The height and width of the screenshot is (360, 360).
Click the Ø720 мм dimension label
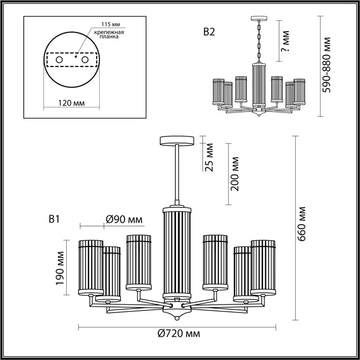click(179, 333)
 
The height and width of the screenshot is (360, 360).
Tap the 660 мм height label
click(303, 224)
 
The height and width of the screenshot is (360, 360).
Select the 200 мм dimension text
click(235, 174)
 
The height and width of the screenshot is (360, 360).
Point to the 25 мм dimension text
click(209, 157)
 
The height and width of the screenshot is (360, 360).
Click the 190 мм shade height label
click(60, 268)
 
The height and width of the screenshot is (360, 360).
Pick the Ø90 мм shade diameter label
click(124, 220)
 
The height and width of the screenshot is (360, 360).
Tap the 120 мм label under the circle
click(71, 103)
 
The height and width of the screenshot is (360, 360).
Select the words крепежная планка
click(109, 34)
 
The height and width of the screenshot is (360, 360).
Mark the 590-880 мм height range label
click(326, 65)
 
